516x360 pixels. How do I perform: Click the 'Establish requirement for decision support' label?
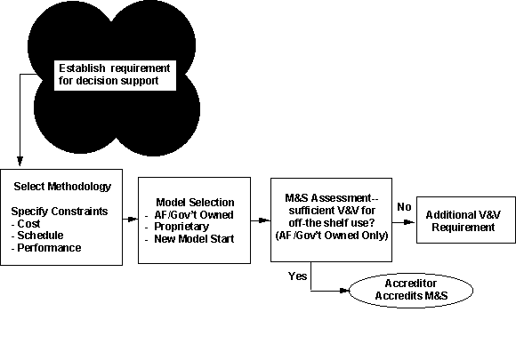pos(115,75)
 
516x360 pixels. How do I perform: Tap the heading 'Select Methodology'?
pos(62,187)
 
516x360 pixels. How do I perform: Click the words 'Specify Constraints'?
pos(60,211)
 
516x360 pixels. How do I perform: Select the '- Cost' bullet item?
pos(26,224)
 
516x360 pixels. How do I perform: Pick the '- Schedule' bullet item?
pos(37,236)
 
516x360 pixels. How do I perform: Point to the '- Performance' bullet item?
pos(46,248)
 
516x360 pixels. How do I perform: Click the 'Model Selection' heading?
pos(195,202)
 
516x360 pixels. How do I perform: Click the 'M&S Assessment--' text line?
pos(332,198)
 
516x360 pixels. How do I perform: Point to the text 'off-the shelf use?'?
pos(332,223)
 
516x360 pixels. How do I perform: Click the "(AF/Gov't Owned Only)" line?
pos(332,236)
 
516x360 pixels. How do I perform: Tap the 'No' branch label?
pos(404,207)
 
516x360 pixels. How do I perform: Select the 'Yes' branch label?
pos(297,276)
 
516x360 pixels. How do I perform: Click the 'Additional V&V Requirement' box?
pos(466,220)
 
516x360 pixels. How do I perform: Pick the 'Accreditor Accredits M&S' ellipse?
pos(411,291)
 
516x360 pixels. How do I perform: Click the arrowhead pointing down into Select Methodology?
pos(20,161)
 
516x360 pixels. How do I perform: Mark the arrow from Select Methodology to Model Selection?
pos(130,219)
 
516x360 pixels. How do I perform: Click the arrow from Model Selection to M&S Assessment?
pos(261,220)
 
